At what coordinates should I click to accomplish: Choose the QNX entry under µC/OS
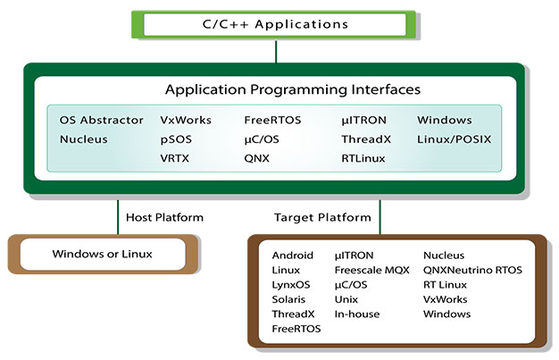click(x=257, y=159)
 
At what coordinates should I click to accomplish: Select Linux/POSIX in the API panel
click(x=454, y=139)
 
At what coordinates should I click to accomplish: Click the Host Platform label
click(x=165, y=217)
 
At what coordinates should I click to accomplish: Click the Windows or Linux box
click(x=101, y=255)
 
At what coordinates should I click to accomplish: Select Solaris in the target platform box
click(x=288, y=299)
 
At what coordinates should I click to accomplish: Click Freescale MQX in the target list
click(x=371, y=270)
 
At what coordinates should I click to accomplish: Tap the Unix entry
click(x=346, y=299)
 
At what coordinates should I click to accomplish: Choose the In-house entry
click(x=356, y=314)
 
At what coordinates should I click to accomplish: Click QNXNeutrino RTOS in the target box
click(x=472, y=270)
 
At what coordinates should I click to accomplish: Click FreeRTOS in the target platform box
click(x=296, y=329)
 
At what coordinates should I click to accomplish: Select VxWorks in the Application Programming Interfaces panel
click(x=186, y=119)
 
